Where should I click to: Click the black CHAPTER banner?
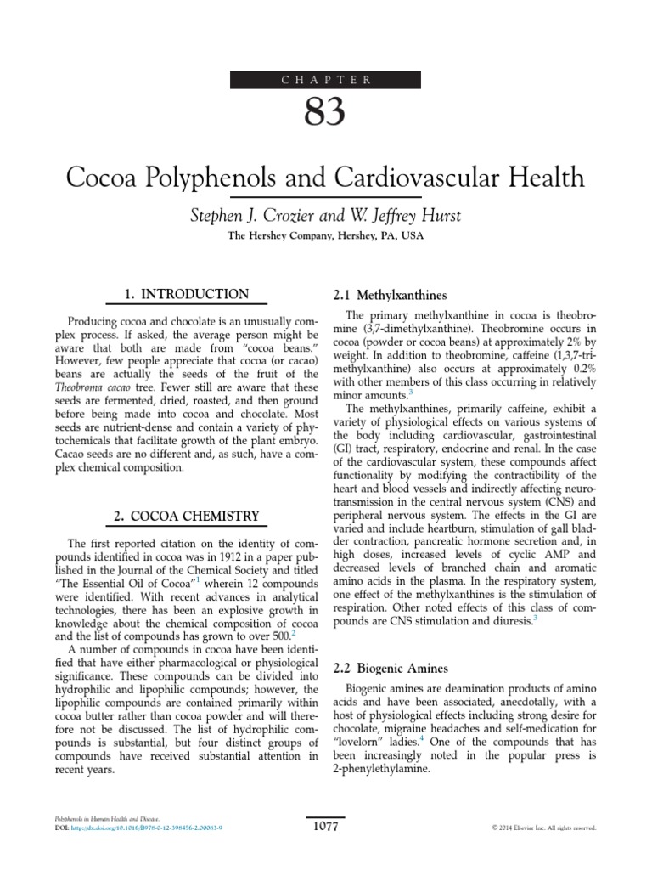click(326, 81)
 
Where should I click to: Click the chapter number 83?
click(326, 114)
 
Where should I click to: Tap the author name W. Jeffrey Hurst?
click(402, 215)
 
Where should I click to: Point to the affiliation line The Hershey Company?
click(326, 237)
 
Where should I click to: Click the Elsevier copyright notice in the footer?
click(544, 827)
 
